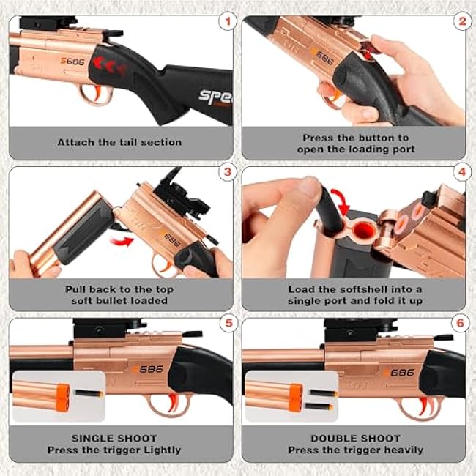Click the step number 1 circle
[227, 21]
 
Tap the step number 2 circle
[462, 21]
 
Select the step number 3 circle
[227, 172]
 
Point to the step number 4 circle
[462, 172]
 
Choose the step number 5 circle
[228, 323]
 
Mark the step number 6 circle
[461, 323]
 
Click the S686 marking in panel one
[72, 62]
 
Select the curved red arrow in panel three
[122, 242]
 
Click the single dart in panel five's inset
[89, 394]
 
